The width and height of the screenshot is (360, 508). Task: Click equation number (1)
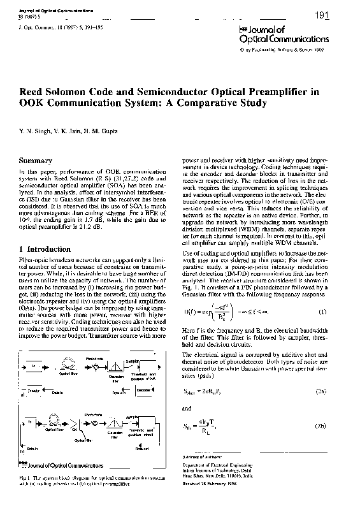pos(322,311)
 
